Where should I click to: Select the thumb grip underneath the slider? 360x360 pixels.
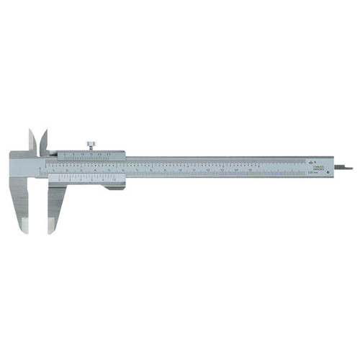click(x=113, y=188)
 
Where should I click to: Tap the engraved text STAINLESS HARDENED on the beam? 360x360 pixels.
click(x=315, y=167)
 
